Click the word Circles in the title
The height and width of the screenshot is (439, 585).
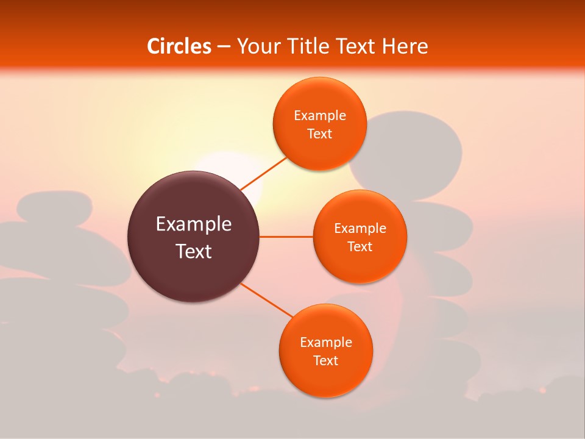click(179, 46)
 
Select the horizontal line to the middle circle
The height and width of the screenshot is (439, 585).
click(286, 237)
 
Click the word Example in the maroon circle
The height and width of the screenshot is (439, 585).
click(193, 224)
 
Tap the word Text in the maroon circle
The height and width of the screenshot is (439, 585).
click(193, 251)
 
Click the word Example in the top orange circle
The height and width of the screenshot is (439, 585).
click(320, 116)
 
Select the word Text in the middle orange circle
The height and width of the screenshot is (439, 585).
click(360, 246)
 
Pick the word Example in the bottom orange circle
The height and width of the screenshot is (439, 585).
click(325, 343)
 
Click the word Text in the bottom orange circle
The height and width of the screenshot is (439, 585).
click(325, 361)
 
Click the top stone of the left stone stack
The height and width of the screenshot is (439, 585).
click(55, 206)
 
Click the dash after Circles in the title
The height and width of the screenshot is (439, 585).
click(224, 47)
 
